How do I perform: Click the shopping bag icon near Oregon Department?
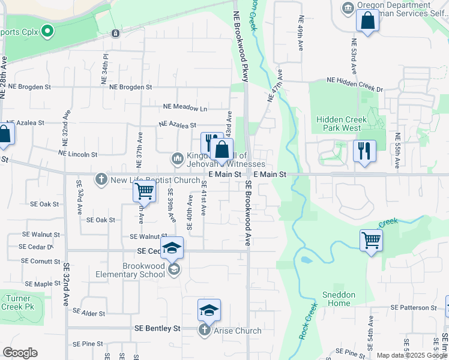point(367,20)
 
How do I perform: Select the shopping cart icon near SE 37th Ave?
point(144,191)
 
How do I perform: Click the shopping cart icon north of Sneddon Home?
point(371,240)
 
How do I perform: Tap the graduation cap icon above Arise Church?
point(209,310)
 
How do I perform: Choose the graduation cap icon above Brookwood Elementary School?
point(172,247)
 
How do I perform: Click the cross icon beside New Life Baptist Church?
point(101,179)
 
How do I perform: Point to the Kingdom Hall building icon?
point(177,158)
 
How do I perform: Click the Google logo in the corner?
point(20,352)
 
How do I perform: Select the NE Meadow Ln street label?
point(185,108)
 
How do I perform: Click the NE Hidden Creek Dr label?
point(354,80)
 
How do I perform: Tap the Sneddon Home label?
point(339,299)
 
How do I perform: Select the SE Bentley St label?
point(157,328)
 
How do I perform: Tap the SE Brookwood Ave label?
point(247,214)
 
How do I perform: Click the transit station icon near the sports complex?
point(115,32)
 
